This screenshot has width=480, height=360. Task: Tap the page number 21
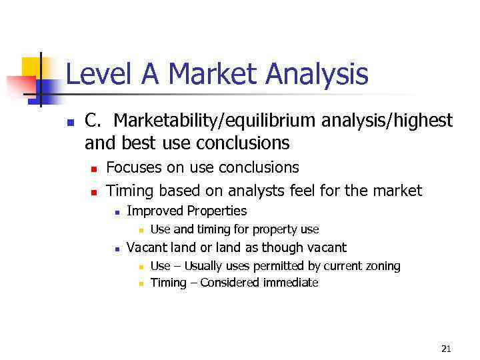coord(446,348)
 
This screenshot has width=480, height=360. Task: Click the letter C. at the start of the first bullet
coord(93,121)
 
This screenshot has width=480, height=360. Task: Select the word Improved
coord(155,211)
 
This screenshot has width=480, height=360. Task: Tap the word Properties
coord(217,211)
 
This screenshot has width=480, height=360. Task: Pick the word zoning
coord(382,266)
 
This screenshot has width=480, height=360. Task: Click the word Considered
coord(230,283)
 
